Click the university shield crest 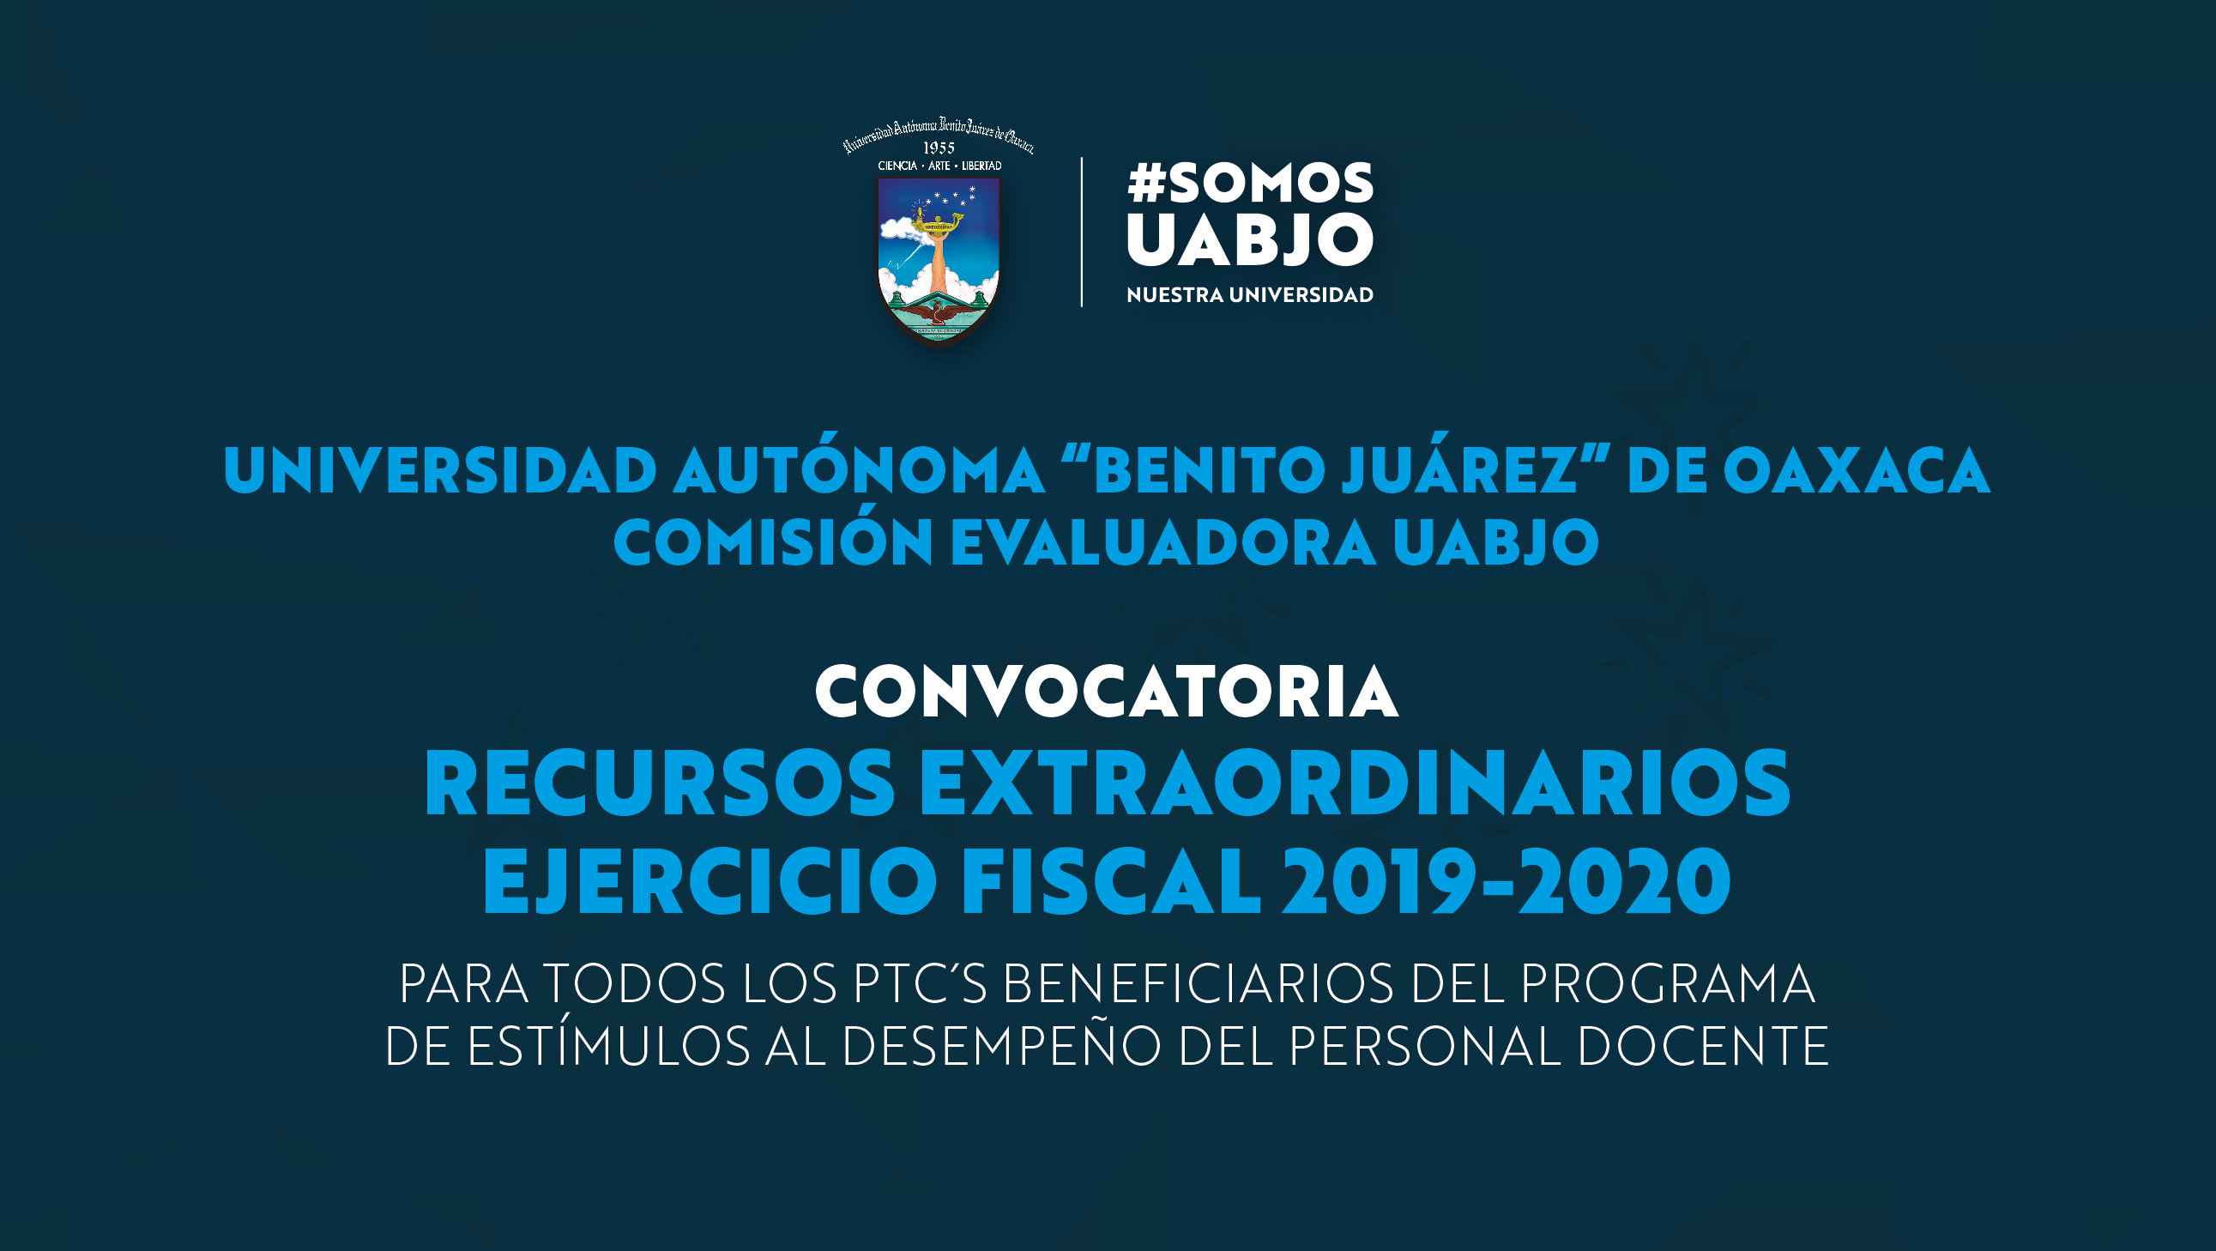click(939, 259)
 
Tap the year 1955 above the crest click(939, 148)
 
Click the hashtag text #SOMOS click(1250, 184)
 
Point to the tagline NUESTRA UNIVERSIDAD click(1250, 295)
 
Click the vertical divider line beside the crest click(1081, 232)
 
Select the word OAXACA click(1857, 471)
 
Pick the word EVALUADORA click(1163, 542)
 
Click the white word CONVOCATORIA click(1106, 691)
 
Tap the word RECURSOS click(660, 783)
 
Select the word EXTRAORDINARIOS click(1355, 783)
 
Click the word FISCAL click(1111, 881)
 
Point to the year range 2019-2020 click(1507, 881)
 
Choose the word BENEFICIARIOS click(1199, 983)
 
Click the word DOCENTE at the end click(1703, 1045)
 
